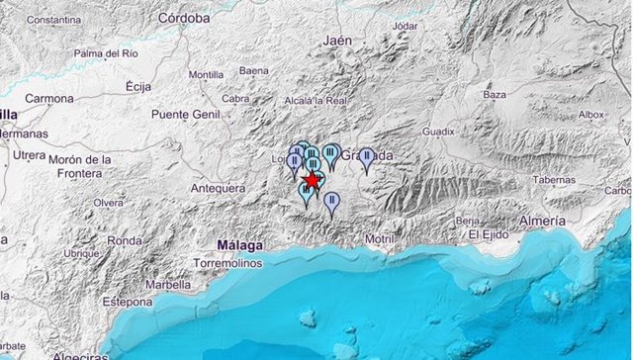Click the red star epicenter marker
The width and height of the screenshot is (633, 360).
[312, 181]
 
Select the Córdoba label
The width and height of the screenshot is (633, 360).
[183, 18]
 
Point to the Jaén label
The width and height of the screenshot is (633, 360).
[338, 41]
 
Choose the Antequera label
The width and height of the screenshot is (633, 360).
[220, 188]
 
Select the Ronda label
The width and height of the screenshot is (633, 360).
[125, 240]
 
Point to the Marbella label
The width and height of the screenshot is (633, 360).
[167, 284]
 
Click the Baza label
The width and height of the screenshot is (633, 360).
[494, 94]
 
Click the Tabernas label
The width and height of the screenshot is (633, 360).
[554, 180]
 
